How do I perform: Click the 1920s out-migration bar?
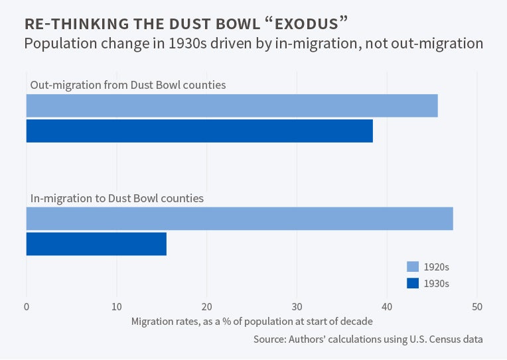(x=232, y=106)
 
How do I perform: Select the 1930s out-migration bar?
(x=199, y=131)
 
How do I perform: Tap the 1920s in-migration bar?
(x=240, y=219)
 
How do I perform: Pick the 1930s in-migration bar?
(x=96, y=244)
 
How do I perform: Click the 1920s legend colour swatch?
(x=413, y=267)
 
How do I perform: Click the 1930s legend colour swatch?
(x=413, y=283)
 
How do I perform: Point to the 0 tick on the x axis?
(x=27, y=307)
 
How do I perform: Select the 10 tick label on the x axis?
(x=117, y=307)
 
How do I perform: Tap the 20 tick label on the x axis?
(x=207, y=307)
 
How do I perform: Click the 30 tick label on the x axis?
(x=297, y=307)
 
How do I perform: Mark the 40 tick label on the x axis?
(x=387, y=307)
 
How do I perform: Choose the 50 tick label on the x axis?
(x=477, y=307)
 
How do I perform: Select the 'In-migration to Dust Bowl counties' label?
(x=117, y=198)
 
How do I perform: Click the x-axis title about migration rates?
(x=252, y=322)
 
